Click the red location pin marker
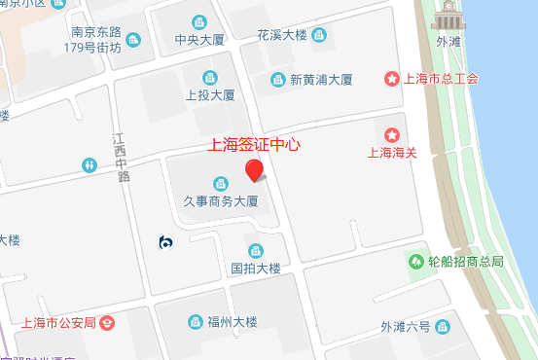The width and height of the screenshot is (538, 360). (x=255, y=171)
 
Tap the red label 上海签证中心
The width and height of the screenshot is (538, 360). (x=256, y=145)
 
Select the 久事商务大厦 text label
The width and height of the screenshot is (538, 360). (x=221, y=201)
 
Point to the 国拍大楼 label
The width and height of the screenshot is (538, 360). (x=256, y=268)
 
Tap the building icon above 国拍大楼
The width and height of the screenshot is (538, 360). (x=256, y=250)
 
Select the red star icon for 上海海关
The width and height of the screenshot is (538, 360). (x=392, y=134)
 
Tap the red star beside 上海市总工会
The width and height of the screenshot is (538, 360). (x=392, y=79)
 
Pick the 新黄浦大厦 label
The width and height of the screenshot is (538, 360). (x=320, y=80)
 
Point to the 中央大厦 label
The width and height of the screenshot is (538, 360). (x=199, y=40)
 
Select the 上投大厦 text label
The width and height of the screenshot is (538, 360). (x=210, y=95)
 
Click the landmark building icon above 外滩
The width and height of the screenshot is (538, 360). (x=448, y=18)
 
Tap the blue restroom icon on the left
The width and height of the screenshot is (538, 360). (x=89, y=165)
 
